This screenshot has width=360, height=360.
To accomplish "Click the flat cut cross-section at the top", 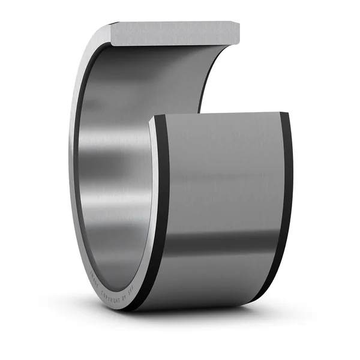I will [174, 32].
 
